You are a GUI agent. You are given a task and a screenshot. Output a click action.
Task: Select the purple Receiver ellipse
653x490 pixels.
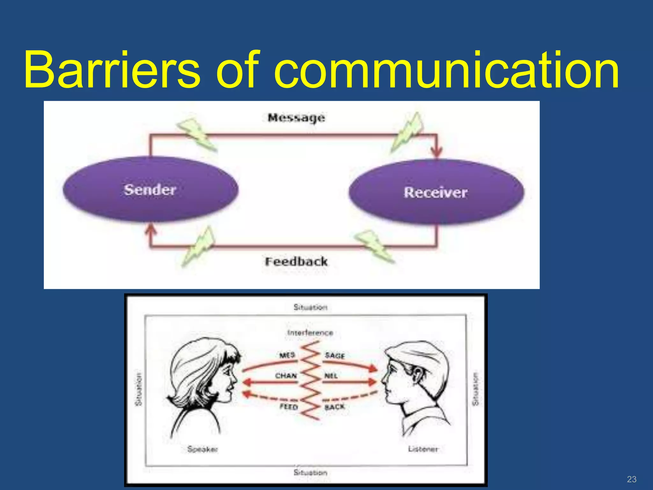(436, 193)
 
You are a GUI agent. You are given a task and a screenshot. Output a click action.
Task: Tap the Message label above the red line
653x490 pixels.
(296, 118)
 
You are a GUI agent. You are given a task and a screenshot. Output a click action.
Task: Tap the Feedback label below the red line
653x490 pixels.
(296, 262)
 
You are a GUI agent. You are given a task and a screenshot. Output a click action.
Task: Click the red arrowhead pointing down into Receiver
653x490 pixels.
(437, 152)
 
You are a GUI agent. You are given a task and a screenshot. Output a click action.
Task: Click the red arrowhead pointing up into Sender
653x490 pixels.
(150, 229)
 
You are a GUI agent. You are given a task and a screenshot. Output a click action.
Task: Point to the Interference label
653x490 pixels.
(310, 333)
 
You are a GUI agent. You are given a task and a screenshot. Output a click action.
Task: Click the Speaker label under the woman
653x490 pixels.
(202, 449)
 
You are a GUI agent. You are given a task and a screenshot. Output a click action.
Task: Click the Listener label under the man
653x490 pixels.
(423, 449)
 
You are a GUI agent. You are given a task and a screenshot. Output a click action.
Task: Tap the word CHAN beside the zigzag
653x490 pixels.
(286, 376)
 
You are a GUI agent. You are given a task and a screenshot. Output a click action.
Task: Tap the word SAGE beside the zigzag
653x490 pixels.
(335, 355)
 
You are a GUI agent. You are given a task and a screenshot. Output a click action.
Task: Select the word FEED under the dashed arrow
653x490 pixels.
(289, 407)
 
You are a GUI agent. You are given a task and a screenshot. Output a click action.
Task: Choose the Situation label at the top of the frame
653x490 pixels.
(310, 307)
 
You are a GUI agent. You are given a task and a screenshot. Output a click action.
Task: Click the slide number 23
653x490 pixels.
(631, 479)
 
